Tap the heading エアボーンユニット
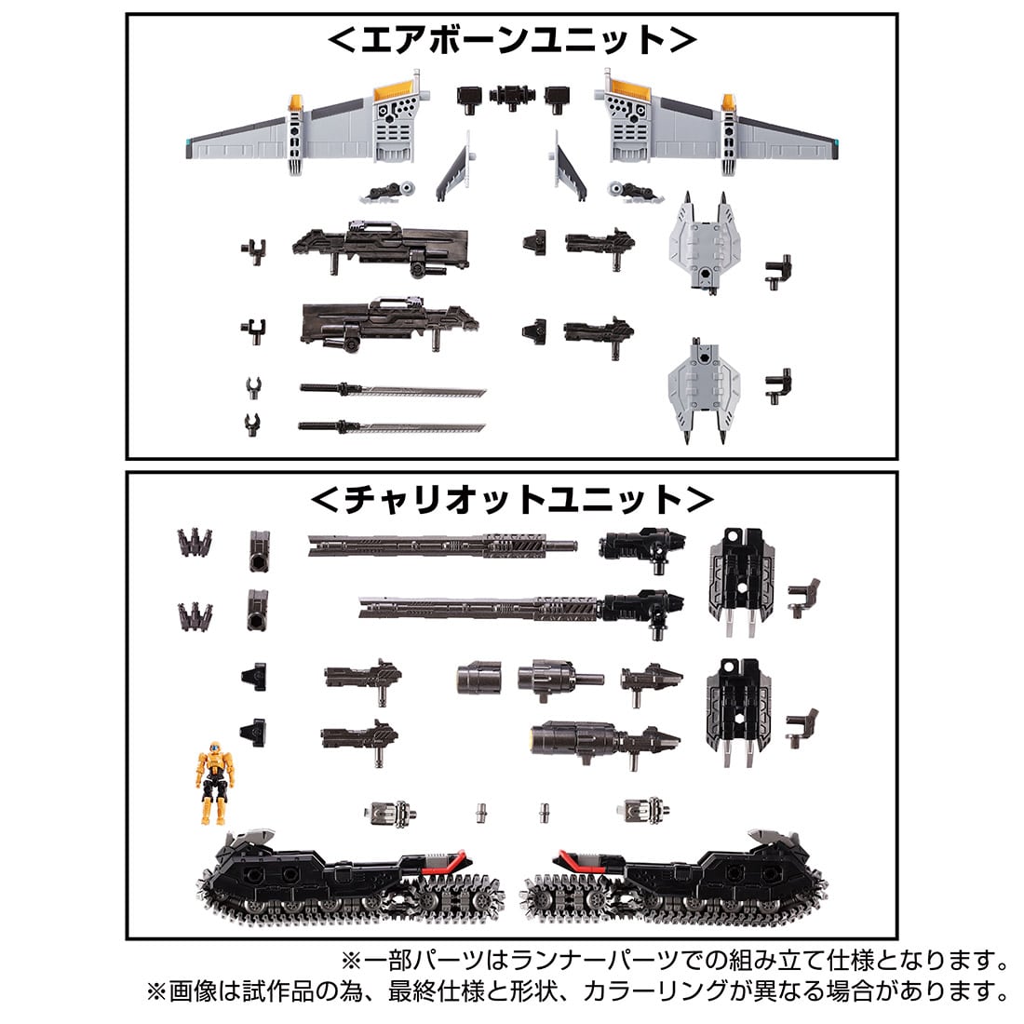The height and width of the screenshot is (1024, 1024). point(511,42)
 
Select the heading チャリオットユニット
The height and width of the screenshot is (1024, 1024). point(511,500)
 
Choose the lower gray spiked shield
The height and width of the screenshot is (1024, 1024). point(705,384)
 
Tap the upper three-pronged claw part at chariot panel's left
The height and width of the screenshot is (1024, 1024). point(196,544)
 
